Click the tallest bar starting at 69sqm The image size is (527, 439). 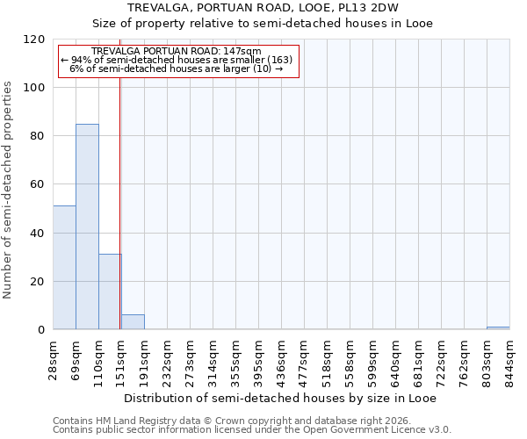[87, 227]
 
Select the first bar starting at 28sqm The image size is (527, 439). [64, 268]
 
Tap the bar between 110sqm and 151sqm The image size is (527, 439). [110, 291]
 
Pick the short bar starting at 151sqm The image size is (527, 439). [133, 322]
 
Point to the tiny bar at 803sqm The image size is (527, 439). [498, 328]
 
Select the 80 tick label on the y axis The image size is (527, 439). [38, 136]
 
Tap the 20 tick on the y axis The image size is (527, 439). [38, 282]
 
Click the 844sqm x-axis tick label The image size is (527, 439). [510, 357]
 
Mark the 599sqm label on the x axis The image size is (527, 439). [373, 357]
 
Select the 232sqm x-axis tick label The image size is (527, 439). [168, 357]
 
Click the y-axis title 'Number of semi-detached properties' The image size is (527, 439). [8, 184]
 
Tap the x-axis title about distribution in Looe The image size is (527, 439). [280, 398]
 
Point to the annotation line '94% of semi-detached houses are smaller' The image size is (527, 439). [177, 60]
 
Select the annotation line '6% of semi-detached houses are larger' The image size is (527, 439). [176, 68]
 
